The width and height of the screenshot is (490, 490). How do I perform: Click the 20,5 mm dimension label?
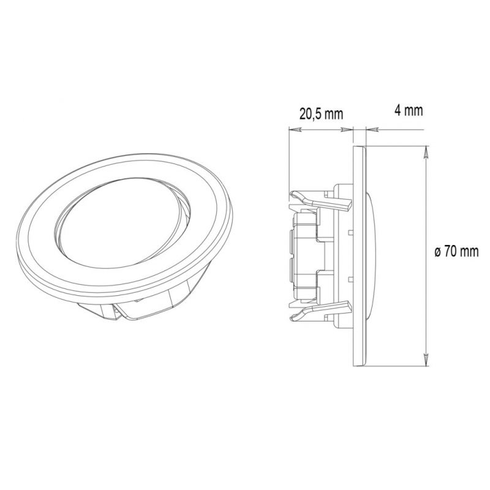coord(321,114)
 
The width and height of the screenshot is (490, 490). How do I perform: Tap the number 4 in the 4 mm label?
coord(398,110)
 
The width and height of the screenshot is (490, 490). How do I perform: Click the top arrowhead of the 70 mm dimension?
coord(426,154)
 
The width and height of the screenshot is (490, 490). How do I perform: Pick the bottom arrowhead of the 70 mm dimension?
coord(426,360)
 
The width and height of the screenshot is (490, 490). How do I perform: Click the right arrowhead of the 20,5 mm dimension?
coord(347,129)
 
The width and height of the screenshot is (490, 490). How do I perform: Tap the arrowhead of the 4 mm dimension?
coord(372,129)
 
